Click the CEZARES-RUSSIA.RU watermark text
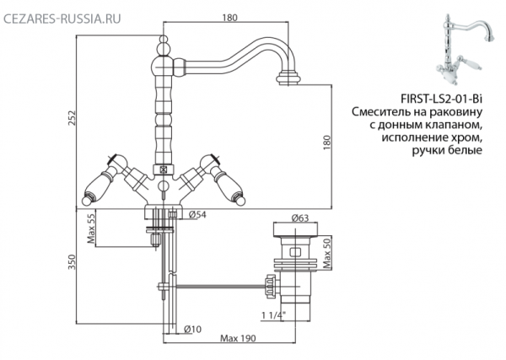tap(62, 19)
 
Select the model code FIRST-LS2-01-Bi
tap(441, 99)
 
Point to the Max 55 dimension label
tap(91, 228)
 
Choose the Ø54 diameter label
tap(197, 214)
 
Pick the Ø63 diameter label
tap(300, 218)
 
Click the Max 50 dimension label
tap(327, 255)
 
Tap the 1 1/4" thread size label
tap(273, 315)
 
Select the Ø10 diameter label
tap(192, 329)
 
